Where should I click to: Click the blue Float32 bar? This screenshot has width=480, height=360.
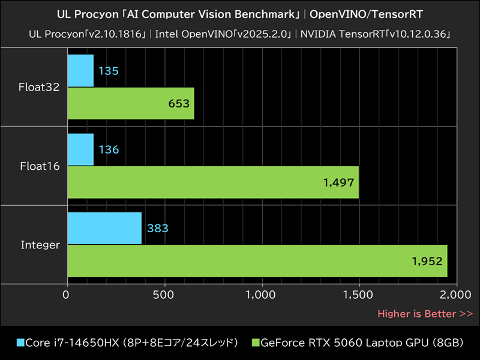point(80,71)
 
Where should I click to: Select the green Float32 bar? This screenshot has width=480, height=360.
point(131,103)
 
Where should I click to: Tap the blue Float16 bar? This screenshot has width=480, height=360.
point(80,149)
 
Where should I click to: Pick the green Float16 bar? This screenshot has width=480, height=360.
point(213,182)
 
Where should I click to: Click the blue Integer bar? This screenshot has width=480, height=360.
point(104,228)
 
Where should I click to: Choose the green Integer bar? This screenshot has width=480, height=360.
point(257,260)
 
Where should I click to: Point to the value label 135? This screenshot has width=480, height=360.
point(108,71)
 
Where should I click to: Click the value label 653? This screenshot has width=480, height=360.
point(179,104)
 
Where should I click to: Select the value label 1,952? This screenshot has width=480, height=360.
point(427,261)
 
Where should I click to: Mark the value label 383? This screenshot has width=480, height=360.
point(157,229)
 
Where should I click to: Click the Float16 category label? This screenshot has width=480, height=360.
point(40,166)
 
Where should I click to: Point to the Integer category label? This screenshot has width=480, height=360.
point(40,245)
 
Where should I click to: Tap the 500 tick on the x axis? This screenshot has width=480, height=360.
point(163,295)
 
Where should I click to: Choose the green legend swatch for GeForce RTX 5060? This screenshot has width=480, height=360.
point(255,343)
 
